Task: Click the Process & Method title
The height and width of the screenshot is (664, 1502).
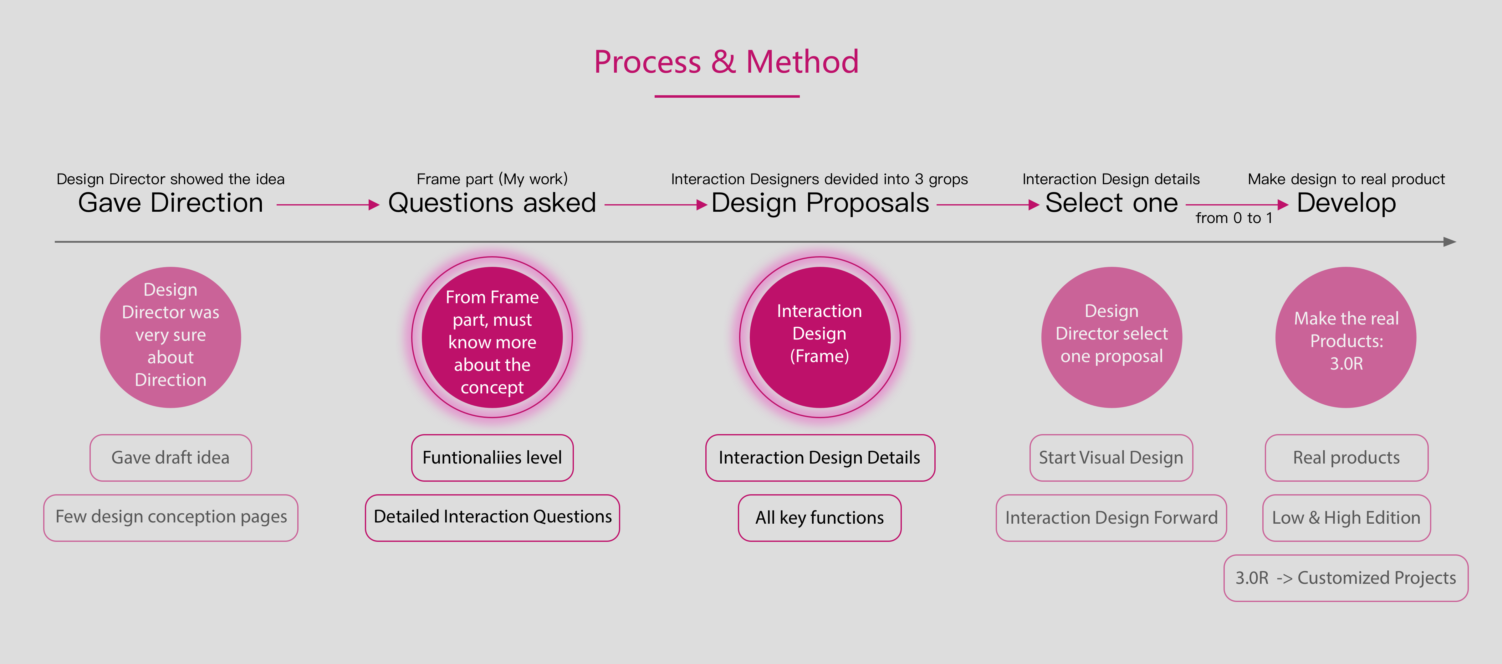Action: (727, 62)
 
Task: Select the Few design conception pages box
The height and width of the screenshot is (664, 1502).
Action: (171, 517)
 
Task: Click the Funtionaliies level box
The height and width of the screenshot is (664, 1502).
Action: (492, 458)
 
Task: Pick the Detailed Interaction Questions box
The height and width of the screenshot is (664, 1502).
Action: (492, 517)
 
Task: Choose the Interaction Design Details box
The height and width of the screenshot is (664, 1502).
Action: (820, 458)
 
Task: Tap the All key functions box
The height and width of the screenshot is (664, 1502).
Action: (820, 517)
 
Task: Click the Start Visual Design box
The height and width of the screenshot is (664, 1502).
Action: (1111, 458)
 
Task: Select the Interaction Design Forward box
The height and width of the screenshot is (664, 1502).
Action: (1111, 517)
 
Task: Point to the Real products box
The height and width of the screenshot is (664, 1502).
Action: (1346, 458)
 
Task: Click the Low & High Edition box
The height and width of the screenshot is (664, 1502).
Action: (1346, 517)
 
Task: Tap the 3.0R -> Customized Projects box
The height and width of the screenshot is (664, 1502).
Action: (1346, 578)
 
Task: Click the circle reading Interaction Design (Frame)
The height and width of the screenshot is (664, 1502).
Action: (820, 337)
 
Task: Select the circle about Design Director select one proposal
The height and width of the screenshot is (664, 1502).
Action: (1111, 337)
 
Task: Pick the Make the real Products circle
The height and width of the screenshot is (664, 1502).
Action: (1346, 337)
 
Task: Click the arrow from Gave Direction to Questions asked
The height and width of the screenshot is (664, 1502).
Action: (328, 205)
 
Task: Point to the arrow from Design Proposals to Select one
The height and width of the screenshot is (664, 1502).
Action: (988, 205)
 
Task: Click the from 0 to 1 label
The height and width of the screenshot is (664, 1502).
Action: (1234, 218)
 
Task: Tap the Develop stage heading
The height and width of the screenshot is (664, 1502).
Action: (1346, 203)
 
